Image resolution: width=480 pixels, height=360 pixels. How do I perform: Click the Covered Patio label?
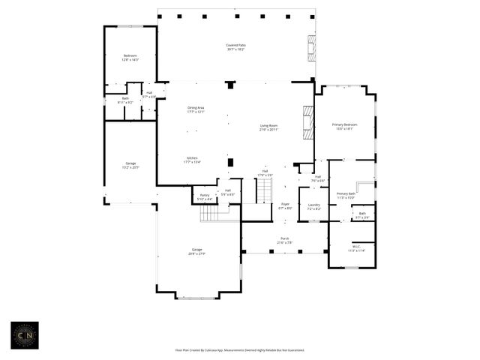[x=235, y=46]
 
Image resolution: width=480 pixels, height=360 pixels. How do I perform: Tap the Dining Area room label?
[x=196, y=109]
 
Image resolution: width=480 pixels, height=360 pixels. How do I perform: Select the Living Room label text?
[x=269, y=127]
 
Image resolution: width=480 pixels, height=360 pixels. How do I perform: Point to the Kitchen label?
[x=192, y=159]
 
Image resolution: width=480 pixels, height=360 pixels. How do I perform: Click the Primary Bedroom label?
[x=344, y=126]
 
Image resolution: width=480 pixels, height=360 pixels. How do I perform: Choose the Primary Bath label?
[x=345, y=195]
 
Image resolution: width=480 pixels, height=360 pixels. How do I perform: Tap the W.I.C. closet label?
[x=356, y=248]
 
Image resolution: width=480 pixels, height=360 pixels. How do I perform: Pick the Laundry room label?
[x=313, y=206]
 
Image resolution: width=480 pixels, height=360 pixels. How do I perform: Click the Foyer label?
[x=285, y=205]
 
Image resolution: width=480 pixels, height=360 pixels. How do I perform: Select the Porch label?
[x=285, y=240]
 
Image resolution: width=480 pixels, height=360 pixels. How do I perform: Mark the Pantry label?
[x=204, y=196]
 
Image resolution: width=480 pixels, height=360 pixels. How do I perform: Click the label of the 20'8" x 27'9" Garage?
[x=197, y=251]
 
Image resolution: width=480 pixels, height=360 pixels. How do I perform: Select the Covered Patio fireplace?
[x=310, y=46]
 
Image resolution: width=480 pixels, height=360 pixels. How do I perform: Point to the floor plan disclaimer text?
[x=240, y=350]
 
